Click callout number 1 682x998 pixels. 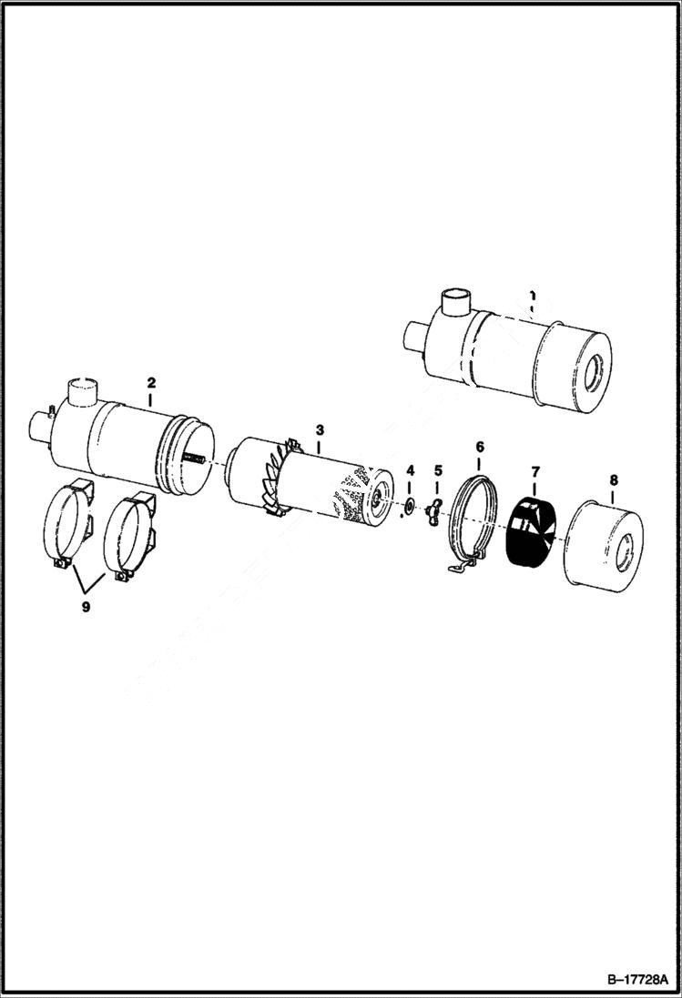click(x=532, y=296)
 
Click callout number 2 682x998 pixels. click(x=152, y=383)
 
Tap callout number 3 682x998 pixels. click(x=320, y=427)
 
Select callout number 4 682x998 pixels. click(x=410, y=470)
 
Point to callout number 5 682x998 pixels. click(x=438, y=470)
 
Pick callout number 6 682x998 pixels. click(x=480, y=447)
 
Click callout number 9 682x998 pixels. click(x=86, y=608)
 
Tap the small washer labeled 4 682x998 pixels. click(x=410, y=505)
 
